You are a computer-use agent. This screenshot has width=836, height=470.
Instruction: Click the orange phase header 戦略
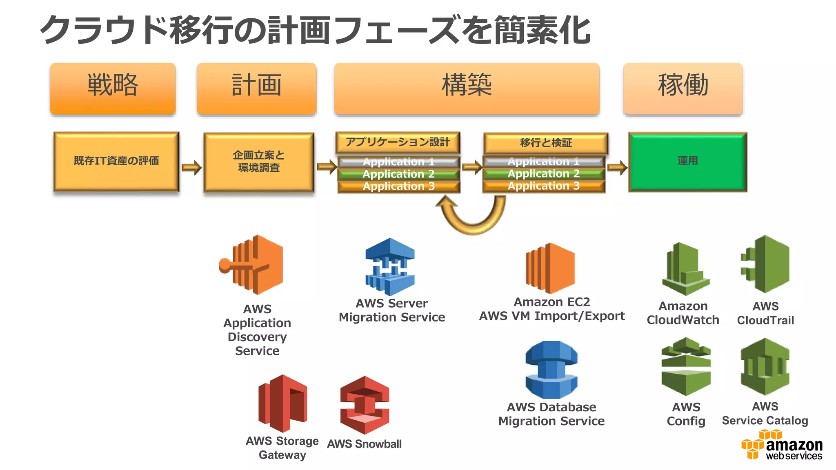(x=113, y=89)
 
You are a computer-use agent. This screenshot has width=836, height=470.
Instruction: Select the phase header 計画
(x=256, y=89)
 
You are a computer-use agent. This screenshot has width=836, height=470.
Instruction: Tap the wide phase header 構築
(x=467, y=89)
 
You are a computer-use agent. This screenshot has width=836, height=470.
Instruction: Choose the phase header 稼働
(x=683, y=89)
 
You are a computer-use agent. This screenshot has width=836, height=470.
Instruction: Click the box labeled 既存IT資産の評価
(x=116, y=161)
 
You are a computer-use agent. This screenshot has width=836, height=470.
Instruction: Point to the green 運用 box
(x=688, y=161)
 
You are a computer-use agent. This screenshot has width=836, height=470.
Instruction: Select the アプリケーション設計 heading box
(x=398, y=142)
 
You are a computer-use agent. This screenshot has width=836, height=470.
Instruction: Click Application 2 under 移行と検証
(x=543, y=174)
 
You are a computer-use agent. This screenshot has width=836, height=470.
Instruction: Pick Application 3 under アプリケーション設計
(x=398, y=186)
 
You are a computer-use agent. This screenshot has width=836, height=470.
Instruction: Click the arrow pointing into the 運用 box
(x=617, y=167)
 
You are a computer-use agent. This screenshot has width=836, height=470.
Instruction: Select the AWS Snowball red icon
(x=365, y=405)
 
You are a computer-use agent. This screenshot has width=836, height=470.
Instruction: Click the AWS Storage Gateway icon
(x=282, y=403)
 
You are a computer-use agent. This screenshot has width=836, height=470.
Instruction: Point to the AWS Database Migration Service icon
(x=551, y=370)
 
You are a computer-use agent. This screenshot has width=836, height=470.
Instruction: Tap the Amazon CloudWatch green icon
(x=685, y=269)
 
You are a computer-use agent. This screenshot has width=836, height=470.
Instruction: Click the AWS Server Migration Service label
(x=392, y=310)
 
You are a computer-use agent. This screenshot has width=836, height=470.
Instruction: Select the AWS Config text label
(x=686, y=414)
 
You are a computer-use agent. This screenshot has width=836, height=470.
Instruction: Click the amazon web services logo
(x=782, y=446)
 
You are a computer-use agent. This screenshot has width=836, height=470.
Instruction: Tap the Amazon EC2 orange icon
(x=551, y=268)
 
